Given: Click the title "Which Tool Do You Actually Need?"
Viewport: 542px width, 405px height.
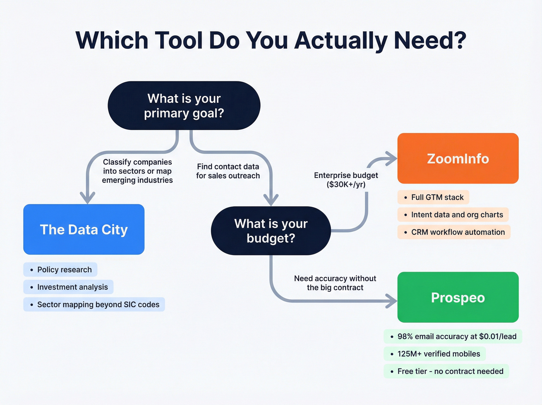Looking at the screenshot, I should click(271, 40).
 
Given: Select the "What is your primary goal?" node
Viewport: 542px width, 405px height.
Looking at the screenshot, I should click(184, 105).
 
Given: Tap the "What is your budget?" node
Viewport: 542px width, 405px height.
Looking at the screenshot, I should click(271, 231).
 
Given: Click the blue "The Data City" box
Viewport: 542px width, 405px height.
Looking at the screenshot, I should click(84, 229).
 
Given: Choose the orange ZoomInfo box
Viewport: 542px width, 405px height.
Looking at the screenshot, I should click(458, 159).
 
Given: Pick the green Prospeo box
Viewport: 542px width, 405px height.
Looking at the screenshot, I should click(458, 297).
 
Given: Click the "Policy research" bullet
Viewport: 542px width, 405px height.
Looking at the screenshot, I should click(60, 270).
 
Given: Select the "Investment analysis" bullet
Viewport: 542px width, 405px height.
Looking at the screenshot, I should click(69, 287).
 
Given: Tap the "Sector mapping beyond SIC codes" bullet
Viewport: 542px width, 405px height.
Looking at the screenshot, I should click(94, 305).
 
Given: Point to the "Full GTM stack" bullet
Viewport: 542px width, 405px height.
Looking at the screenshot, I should click(433, 197).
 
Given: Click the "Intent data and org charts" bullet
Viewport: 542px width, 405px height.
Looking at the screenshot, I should click(453, 215).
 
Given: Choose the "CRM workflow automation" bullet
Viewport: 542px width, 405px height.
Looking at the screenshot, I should click(454, 232).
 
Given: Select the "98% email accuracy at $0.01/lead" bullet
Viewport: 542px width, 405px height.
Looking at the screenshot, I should click(453, 336).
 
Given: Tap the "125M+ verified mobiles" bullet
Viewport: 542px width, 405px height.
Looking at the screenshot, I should click(434, 354).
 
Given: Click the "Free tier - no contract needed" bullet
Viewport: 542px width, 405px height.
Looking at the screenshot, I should click(446, 371).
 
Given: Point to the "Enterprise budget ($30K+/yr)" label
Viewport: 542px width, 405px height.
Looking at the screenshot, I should click(346, 180).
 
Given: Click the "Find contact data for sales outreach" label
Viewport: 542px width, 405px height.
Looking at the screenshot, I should click(228, 171).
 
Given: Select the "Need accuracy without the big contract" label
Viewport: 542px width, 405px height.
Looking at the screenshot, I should click(335, 283).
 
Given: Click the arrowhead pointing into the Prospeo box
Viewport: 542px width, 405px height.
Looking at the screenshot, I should click(392, 301).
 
